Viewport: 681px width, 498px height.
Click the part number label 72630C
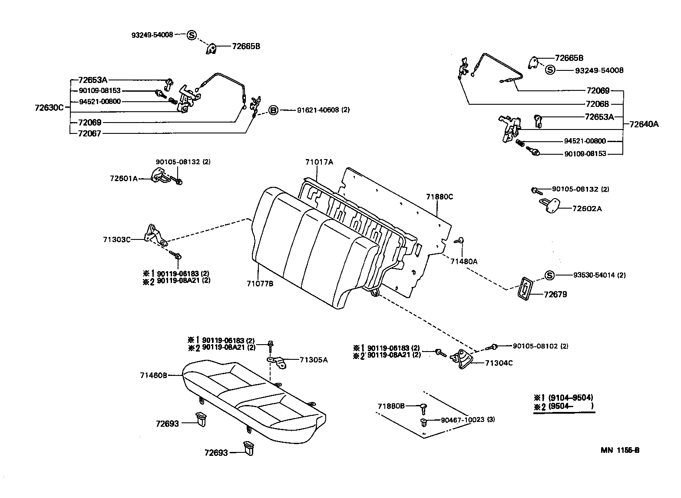(49, 107)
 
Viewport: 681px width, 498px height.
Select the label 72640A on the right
(644, 124)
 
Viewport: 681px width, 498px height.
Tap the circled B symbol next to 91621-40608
(273, 110)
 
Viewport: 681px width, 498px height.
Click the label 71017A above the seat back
(319, 162)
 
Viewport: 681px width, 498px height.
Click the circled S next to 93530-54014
(549, 275)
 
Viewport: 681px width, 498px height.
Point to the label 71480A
(463, 262)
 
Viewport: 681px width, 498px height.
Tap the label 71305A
(314, 359)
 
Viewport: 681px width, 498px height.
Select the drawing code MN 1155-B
(620, 450)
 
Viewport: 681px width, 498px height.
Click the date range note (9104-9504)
(570, 397)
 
